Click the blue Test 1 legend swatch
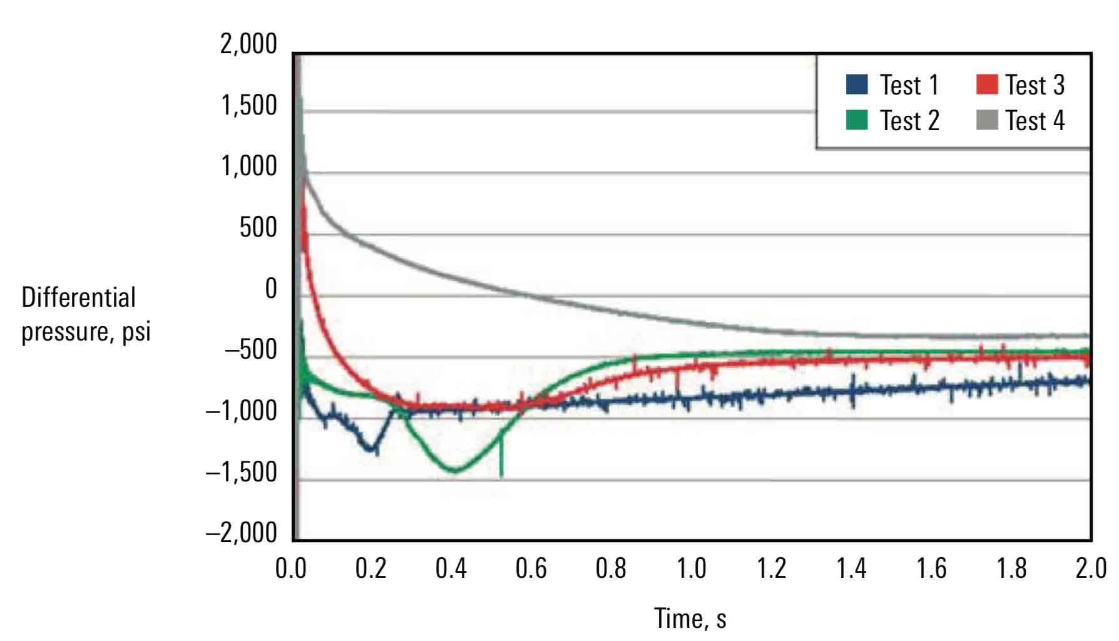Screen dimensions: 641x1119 point(857,85)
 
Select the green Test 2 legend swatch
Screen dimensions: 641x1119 point(857,120)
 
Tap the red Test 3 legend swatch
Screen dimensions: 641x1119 point(987,85)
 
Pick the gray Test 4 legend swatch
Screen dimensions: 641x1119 point(987,120)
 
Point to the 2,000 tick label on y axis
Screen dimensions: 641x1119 point(248,44)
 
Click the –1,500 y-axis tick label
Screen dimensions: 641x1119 point(241,472)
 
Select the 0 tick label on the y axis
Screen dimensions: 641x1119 point(270,289)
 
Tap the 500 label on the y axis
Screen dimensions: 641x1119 point(258,228)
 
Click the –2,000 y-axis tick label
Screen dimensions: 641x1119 point(241,533)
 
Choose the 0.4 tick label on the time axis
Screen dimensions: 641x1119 point(451,568)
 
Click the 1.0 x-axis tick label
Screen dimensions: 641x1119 point(691,568)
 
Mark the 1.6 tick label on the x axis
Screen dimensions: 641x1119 point(931,568)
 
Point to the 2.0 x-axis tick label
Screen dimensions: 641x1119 point(1091,568)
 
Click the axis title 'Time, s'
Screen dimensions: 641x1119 point(690,618)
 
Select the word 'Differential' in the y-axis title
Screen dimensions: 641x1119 point(78,298)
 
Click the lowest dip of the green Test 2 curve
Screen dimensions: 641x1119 point(455,470)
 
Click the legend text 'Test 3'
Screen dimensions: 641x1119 point(1035,85)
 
